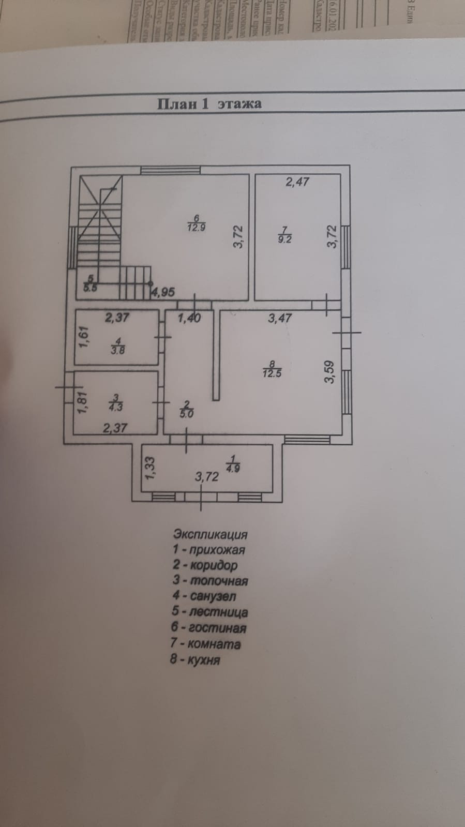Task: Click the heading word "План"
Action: tap(177, 103)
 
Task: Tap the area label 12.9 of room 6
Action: tap(197, 228)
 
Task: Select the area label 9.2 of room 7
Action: tap(285, 239)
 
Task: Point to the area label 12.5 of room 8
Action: tap(272, 373)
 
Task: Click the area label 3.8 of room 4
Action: tap(118, 350)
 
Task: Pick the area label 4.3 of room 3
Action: tap(115, 407)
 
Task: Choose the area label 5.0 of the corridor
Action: tap(186, 413)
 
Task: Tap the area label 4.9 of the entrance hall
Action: tap(232, 469)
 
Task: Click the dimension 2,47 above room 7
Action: tap(297, 182)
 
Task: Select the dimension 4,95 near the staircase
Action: tap(163, 292)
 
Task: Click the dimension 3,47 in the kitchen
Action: tap(280, 319)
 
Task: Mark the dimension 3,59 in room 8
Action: tap(329, 372)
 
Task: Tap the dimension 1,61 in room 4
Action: tap(85, 338)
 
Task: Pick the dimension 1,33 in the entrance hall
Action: tap(149, 467)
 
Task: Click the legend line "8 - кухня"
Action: tap(196, 660)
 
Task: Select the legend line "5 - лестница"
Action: tap(210, 612)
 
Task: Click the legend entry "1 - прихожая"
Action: tap(209, 550)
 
